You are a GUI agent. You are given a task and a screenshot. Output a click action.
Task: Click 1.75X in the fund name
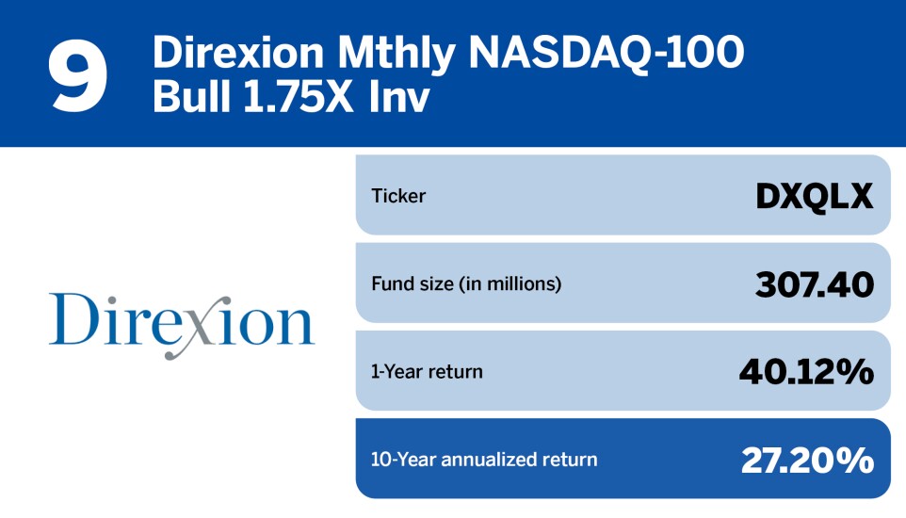coord(299,97)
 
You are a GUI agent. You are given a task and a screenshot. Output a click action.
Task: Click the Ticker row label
coord(398,196)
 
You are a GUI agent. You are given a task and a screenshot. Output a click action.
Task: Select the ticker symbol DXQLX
coord(814,196)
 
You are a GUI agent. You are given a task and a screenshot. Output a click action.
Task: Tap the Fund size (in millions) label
coord(466,283)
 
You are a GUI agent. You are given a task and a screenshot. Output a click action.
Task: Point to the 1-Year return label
coord(427,371)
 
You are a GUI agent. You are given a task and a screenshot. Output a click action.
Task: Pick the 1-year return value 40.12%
coord(806,371)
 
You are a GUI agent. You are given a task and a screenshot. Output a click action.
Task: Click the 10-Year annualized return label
coord(484,460)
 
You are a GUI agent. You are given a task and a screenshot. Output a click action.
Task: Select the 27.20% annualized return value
coord(807,460)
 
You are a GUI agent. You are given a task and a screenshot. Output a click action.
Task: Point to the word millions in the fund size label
coord(525,283)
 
